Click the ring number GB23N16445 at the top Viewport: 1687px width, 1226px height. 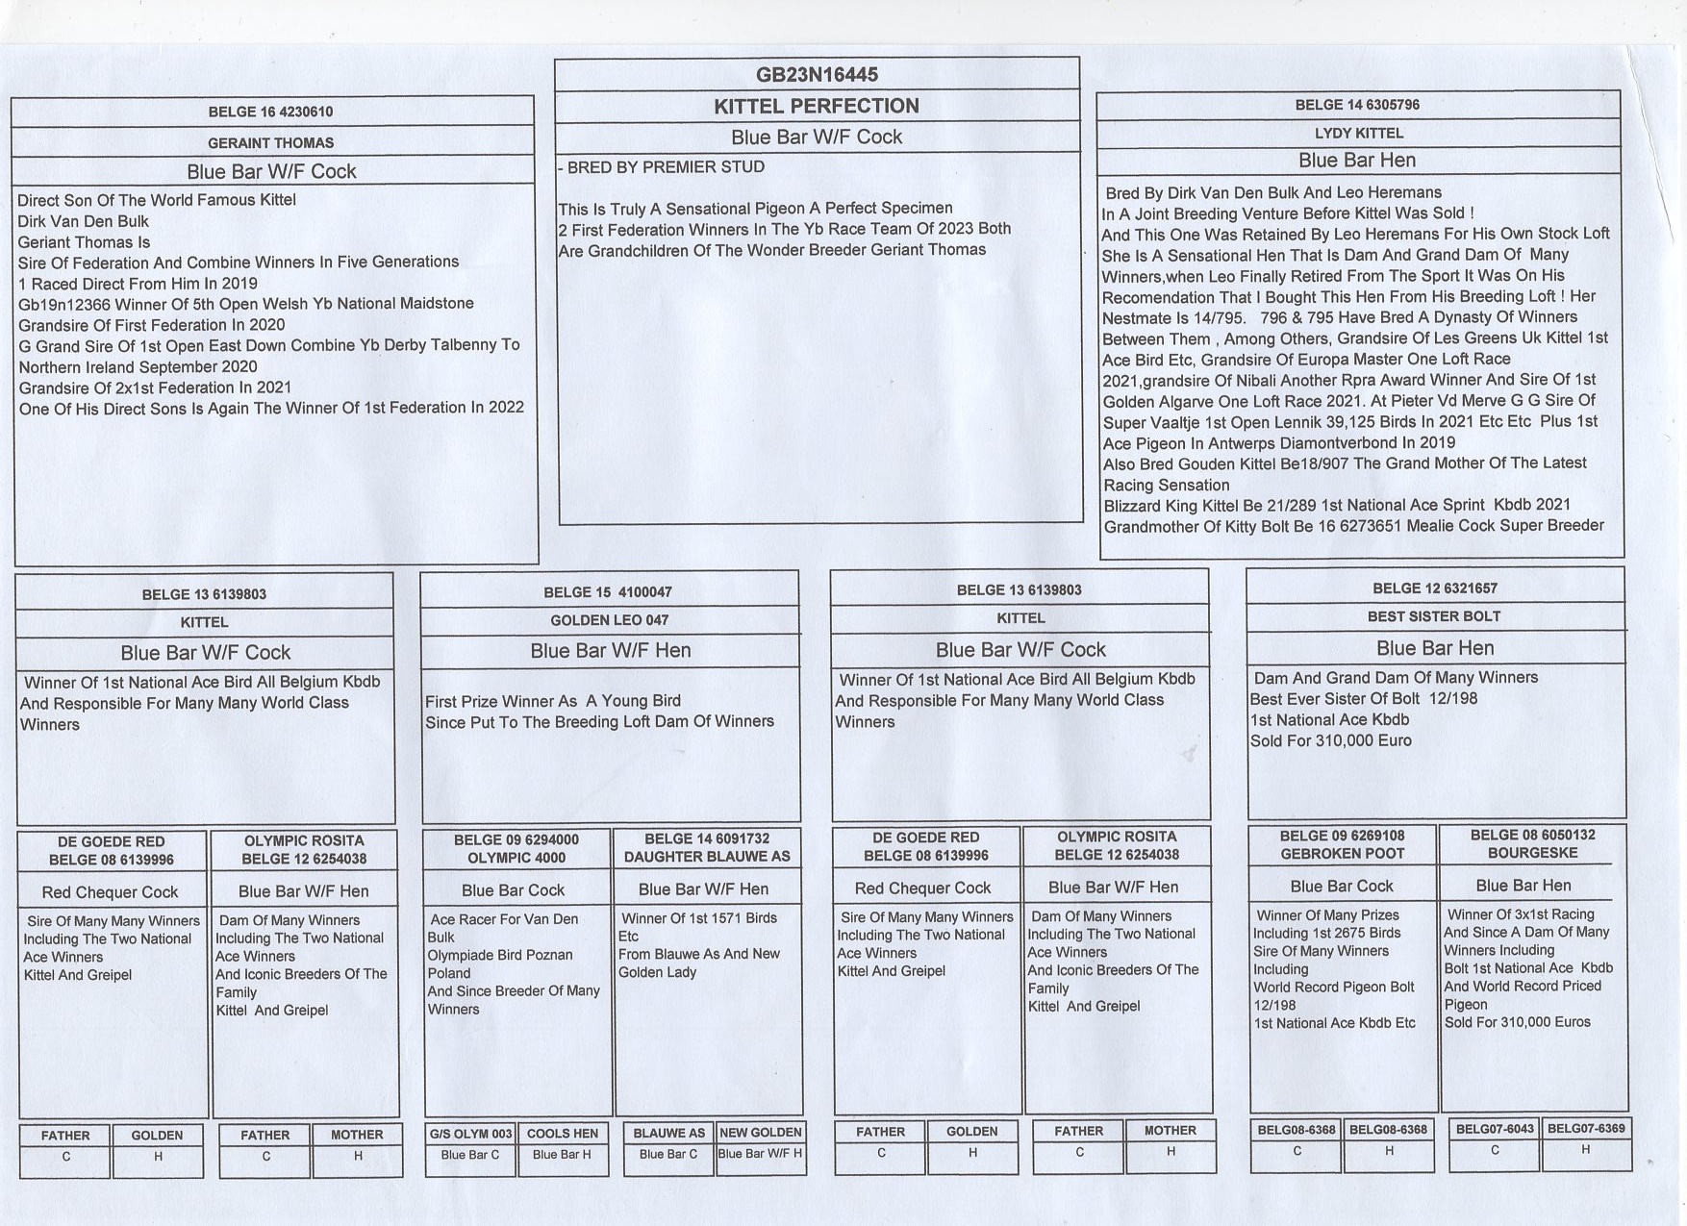[817, 75]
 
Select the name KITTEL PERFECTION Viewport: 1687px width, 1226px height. [817, 106]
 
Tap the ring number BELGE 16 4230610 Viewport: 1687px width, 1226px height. [270, 112]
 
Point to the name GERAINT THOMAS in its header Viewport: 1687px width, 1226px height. [270, 142]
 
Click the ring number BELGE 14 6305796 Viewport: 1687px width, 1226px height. [1357, 105]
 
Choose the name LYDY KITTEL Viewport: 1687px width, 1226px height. [1358, 133]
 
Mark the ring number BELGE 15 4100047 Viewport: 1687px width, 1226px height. [608, 592]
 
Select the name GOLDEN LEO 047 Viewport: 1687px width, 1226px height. [609, 620]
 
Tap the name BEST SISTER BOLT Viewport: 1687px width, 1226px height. [1434, 616]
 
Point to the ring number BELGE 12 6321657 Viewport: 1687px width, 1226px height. [1434, 588]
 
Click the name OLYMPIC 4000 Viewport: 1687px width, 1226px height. [516, 858]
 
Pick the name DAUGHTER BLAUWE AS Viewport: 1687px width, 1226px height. [707, 857]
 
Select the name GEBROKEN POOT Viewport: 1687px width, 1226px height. [1342, 854]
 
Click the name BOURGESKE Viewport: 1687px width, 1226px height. [1533, 853]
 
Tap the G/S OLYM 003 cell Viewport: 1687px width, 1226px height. [470, 1134]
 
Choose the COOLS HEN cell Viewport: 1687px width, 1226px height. [563, 1134]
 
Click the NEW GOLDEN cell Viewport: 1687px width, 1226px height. [761, 1133]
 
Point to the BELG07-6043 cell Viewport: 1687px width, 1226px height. [1495, 1129]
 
